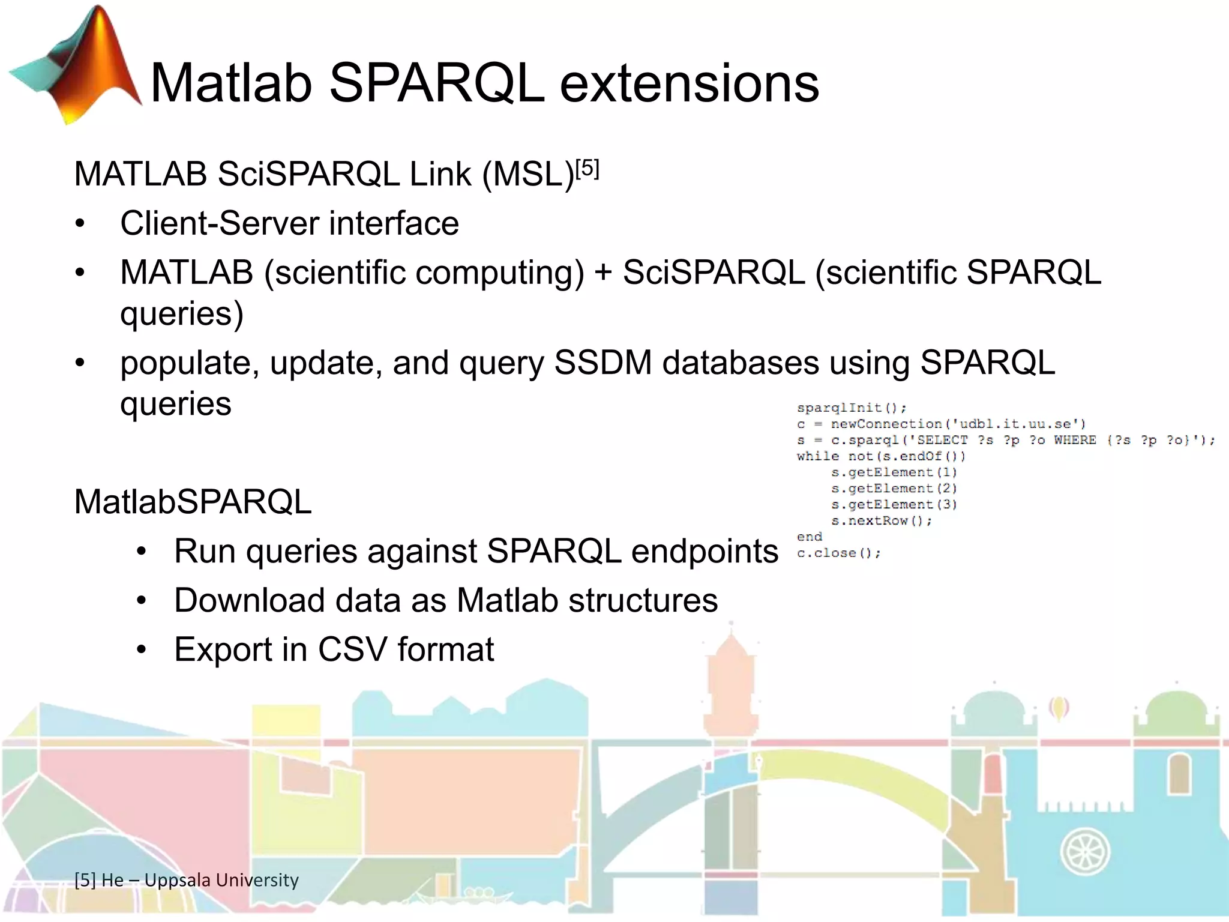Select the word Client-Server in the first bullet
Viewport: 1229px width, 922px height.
219,223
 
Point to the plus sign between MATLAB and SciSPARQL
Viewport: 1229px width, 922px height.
602,273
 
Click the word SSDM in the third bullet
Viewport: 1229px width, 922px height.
602,363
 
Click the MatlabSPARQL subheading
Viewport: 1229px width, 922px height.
193,502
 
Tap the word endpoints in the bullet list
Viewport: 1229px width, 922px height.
705,551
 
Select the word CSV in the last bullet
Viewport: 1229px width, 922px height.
352,649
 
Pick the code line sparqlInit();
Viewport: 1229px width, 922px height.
851,408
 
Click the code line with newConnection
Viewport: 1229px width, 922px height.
941,424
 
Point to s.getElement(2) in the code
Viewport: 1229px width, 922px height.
894,489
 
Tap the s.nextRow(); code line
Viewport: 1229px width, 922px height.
881,521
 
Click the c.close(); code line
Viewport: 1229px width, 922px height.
838,553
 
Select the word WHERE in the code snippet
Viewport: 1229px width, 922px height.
1074,440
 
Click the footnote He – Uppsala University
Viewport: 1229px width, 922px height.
187,880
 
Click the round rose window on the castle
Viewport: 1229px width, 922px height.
1085,851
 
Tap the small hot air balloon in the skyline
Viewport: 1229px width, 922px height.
1059,708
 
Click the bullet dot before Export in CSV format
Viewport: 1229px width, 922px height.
141,650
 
